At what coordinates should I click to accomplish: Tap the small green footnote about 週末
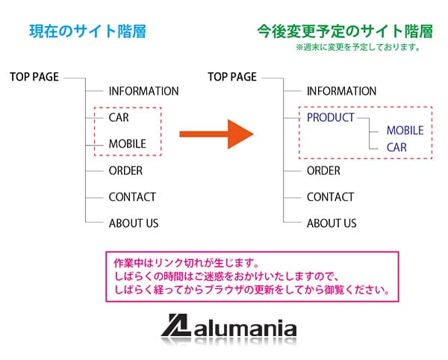[x=358, y=47]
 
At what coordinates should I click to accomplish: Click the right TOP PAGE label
[x=232, y=76]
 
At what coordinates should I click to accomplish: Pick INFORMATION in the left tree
[x=143, y=91]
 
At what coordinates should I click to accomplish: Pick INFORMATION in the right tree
[x=341, y=91]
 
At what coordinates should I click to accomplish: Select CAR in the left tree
[x=119, y=118]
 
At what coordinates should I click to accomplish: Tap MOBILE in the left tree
[x=127, y=144]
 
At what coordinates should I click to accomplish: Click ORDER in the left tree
[x=125, y=170]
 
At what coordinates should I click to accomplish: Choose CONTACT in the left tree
[x=132, y=197]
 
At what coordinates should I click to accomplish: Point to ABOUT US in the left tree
[x=134, y=223]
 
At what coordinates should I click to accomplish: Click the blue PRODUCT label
[x=330, y=117]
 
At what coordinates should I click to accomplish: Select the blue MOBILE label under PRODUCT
[x=405, y=131]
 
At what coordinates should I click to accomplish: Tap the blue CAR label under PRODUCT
[x=396, y=147]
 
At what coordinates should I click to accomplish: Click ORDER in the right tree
[x=323, y=170]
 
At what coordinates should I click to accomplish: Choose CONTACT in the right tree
[x=330, y=197]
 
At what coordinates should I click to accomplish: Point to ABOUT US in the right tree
[x=332, y=223]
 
